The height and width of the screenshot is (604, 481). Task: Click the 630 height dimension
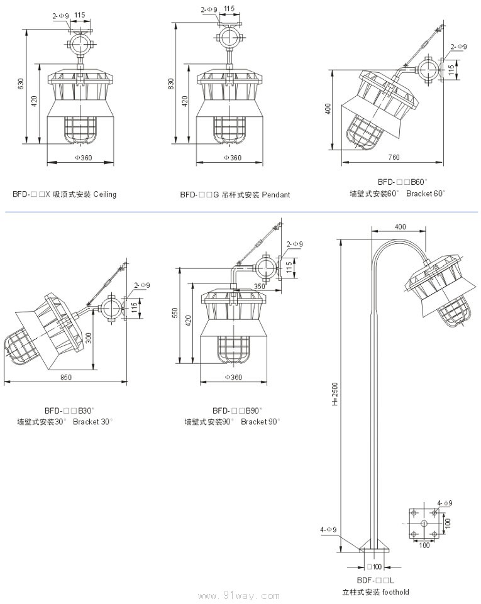click(x=20, y=84)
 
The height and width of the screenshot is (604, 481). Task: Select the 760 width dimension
click(x=394, y=156)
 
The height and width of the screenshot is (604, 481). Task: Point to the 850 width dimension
click(x=66, y=377)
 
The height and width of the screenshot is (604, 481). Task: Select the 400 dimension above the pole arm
click(x=400, y=226)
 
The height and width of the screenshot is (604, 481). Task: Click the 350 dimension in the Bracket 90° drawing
click(x=259, y=286)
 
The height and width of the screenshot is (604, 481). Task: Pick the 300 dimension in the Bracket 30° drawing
click(x=89, y=338)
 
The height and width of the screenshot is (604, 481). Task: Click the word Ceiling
click(x=105, y=194)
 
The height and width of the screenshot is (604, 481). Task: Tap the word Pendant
click(x=276, y=195)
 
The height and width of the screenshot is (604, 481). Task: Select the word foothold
click(x=395, y=592)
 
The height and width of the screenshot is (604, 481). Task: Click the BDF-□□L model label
click(x=375, y=581)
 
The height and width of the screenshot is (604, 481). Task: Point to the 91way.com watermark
click(x=251, y=595)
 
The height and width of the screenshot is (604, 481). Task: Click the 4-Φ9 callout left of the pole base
click(x=328, y=530)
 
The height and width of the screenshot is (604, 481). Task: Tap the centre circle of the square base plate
click(x=424, y=523)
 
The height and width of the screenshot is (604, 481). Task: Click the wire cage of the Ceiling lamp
click(x=80, y=130)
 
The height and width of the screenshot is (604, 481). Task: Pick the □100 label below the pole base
click(x=373, y=567)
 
